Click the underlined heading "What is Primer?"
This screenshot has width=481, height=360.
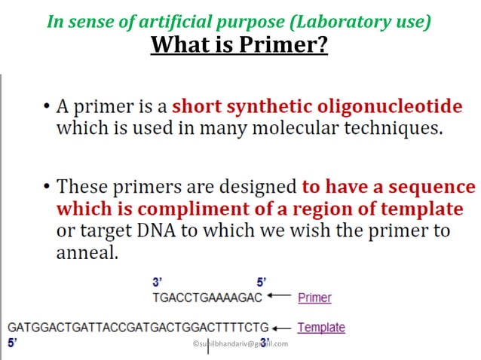[x=240, y=45]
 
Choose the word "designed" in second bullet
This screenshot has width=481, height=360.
[x=260, y=186]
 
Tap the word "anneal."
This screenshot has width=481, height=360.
[x=87, y=253]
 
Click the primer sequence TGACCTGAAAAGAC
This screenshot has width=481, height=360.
[x=207, y=297]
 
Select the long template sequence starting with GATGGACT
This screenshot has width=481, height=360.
[x=138, y=328]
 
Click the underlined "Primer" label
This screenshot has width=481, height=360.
[x=314, y=297]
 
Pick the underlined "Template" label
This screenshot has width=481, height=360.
[x=321, y=328]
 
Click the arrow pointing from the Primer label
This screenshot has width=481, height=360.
[x=280, y=297]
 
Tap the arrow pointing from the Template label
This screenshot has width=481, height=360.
[x=282, y=328]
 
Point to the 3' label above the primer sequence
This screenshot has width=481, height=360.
[x=157, y=284]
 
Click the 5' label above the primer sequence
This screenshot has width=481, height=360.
[x=262, y=284]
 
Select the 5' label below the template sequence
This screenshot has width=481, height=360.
[x=12, y=343]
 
